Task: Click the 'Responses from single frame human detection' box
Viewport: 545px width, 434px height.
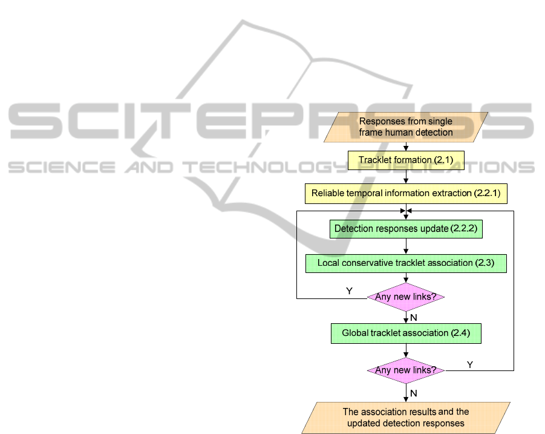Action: (406, 127)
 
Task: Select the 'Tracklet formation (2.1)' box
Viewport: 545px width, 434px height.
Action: (406, 160)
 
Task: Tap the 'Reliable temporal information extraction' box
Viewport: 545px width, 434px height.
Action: (406, 194)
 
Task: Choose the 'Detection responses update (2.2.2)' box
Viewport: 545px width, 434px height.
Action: (406, 229)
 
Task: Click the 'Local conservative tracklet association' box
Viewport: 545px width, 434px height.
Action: (406, 263)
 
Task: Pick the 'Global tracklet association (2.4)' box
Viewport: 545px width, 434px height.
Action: (406, 334)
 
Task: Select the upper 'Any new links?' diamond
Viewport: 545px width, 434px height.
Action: (406, 297)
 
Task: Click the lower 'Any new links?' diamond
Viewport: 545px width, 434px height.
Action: (406, 370)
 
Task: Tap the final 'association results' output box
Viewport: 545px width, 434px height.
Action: (406, 418)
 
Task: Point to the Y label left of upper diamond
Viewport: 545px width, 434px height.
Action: (349, 292)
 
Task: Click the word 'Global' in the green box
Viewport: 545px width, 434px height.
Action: (356, 334)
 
